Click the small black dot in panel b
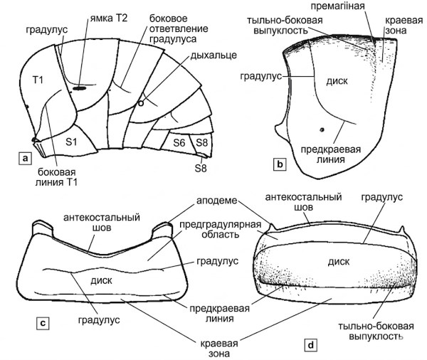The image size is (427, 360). (x=322, y=129)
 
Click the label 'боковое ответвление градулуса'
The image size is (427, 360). (x=175, y=26)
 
